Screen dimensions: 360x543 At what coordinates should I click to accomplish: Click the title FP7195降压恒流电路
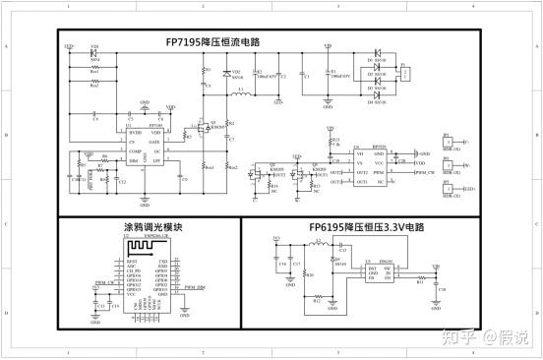pyautogui.click(x=214, y=43)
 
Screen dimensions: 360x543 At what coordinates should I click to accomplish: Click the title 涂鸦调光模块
pyautogui.click(x=149, y=225)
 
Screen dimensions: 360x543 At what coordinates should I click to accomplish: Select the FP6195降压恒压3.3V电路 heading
pyautogui.click(x=363, y=225)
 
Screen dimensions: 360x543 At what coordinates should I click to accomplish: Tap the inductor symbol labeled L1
pyautogui.click(x=242, y=95)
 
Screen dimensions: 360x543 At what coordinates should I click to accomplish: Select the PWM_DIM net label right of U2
pyautogui.click(x=195, y=286)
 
